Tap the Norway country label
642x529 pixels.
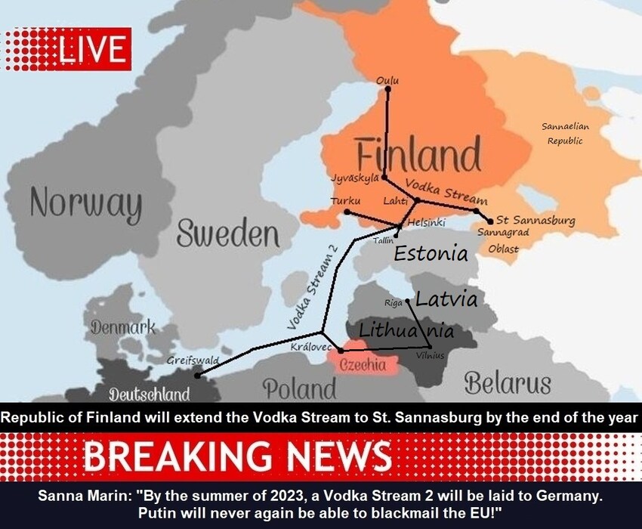85,205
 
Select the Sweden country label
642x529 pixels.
227,234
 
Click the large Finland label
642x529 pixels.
418,156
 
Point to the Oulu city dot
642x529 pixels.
387,89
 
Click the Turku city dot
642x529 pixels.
347,212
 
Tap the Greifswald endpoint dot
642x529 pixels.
198,375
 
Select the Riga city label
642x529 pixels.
394,302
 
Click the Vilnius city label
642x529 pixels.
431,355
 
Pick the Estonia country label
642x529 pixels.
431,253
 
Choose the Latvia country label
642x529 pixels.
446,299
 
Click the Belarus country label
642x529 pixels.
507,383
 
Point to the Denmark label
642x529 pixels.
122,327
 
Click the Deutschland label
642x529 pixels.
149,394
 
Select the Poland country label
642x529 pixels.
299,388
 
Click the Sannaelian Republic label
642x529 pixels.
565,134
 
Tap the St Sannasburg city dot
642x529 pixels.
490,221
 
